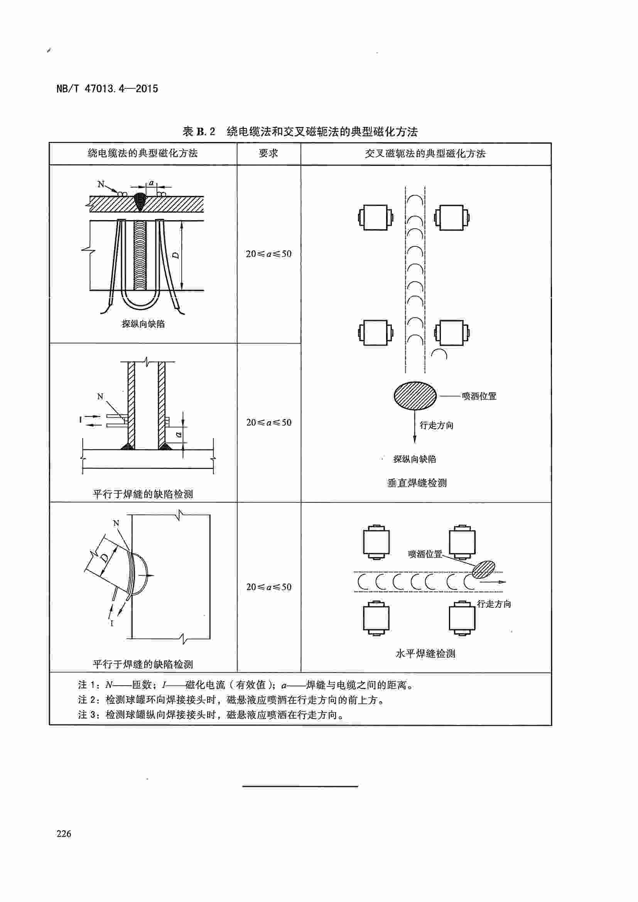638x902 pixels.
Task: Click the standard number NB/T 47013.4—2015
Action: [x=107, y=89]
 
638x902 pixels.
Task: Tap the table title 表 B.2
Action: [x=199, y=132]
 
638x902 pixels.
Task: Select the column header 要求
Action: [x=268, y=153]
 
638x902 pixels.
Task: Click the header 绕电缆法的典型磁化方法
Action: [x=143, y=153]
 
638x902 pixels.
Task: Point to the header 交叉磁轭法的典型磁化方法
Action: [x=425, y=153]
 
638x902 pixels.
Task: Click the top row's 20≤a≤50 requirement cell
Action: [x=269, y=254]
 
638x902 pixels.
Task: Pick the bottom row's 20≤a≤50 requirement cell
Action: [x=269, y=587]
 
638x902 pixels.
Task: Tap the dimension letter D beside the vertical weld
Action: [x=176, y=255]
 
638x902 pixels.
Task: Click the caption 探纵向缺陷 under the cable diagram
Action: [x=143, y=324]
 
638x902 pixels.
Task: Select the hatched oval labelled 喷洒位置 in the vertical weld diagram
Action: [x=415, y=396]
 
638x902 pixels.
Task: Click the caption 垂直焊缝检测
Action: [x=417, y=483]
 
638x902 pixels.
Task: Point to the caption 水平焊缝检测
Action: [x=425, y=654]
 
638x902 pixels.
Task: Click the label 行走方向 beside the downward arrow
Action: [x=436, y=425]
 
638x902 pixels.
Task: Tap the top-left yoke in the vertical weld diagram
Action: [x=376, y=217]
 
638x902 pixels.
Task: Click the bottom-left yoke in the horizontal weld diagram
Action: [x=376, y=618]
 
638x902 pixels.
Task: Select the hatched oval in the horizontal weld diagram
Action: [x=483, y=570]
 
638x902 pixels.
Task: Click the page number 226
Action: [x=64, y=834]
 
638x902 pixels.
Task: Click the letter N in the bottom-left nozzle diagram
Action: [x=116, y=523]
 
